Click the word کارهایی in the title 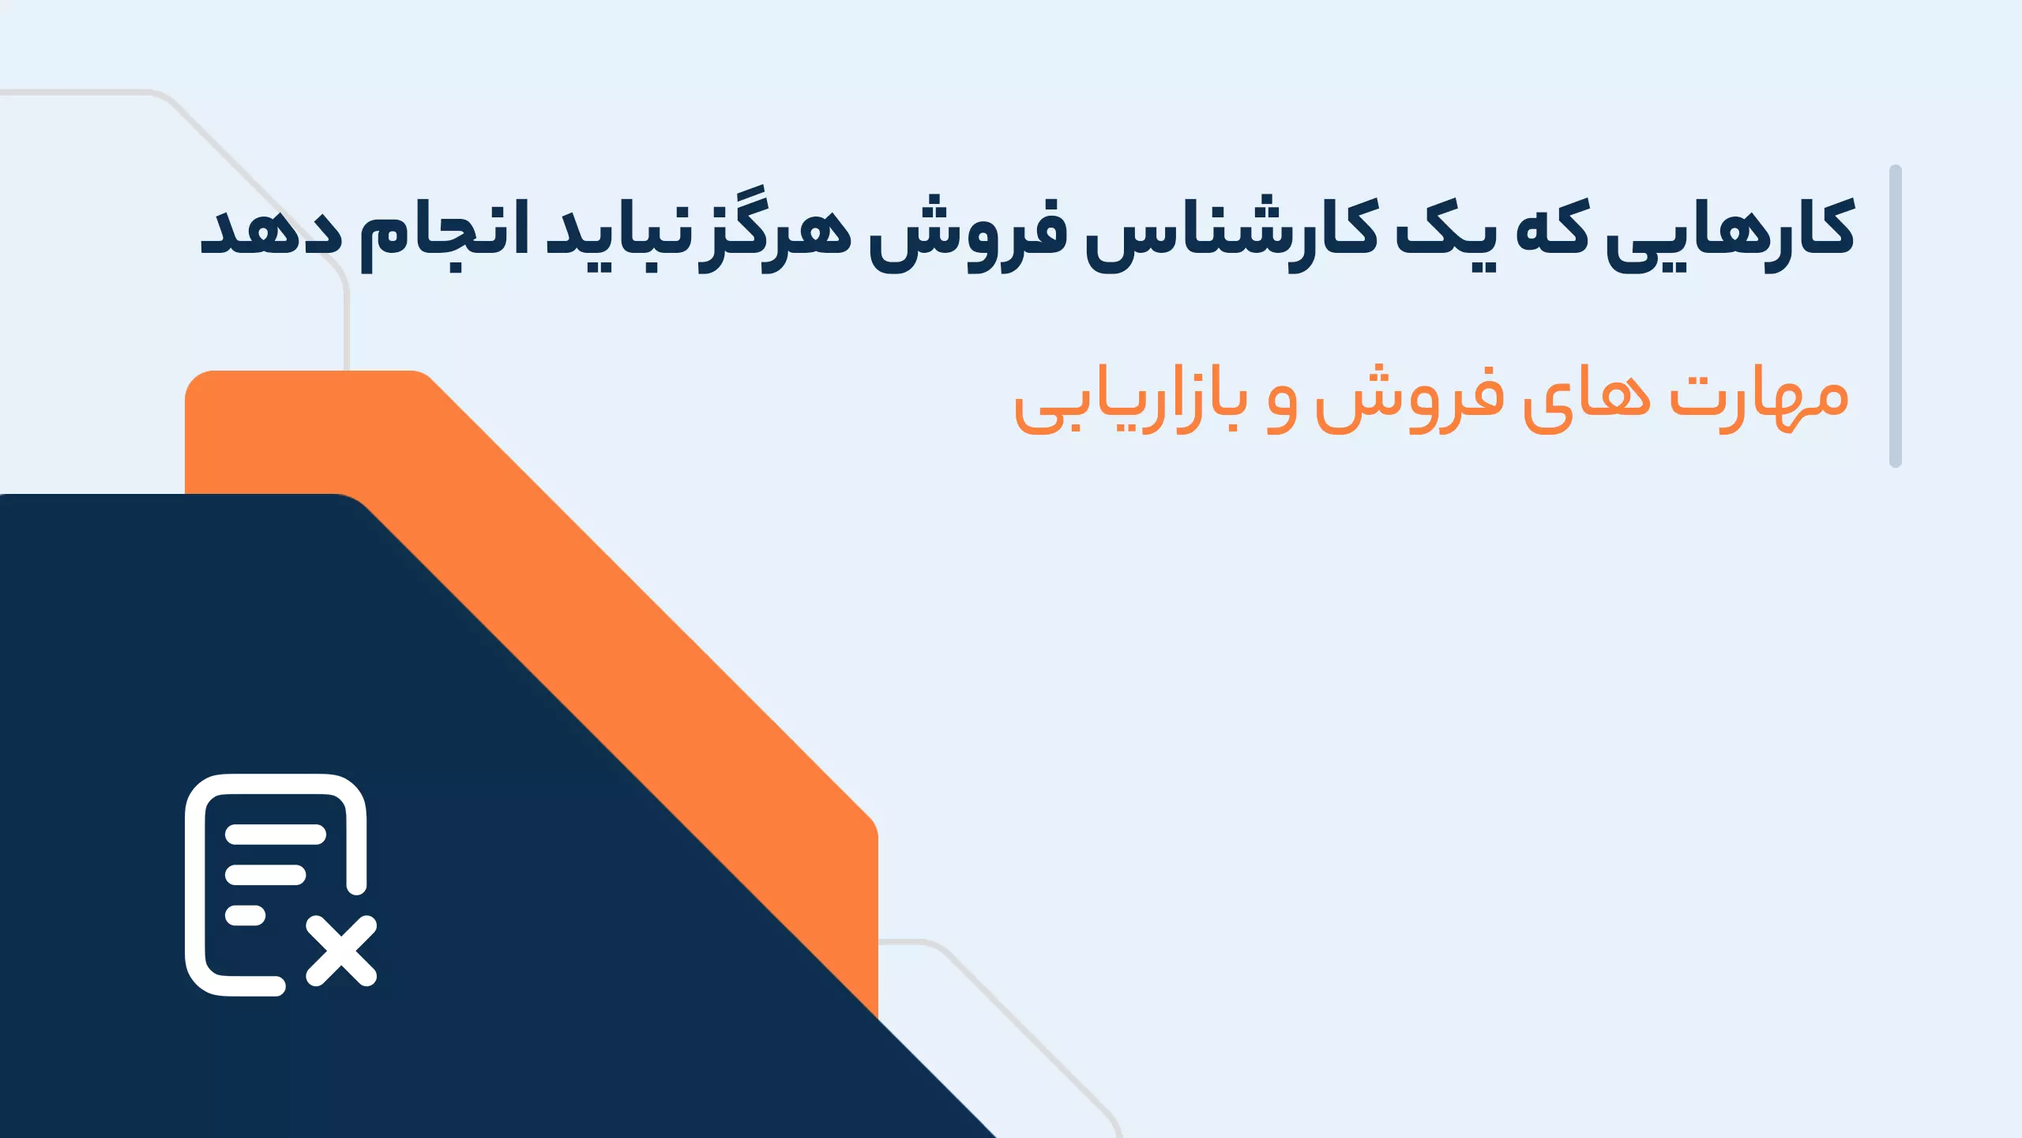(x=1729, y=234)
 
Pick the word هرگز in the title (x=777, y=229)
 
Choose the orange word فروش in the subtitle (x=1409, y=400)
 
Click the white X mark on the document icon (x=341, y=951)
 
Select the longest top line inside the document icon (x=276, y=835)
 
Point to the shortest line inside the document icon (x=245, y=915)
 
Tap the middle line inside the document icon (x=265, y=875)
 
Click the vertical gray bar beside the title (x=1896, y=316)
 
